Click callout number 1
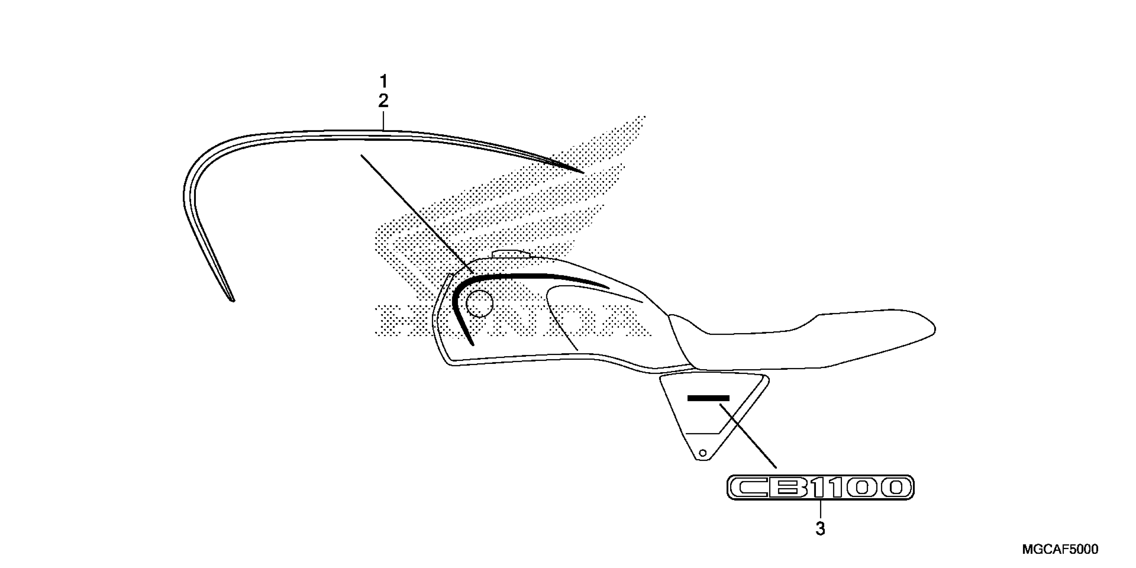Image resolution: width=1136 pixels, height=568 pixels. pos(383,82)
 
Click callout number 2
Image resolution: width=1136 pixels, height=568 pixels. pos(383,101)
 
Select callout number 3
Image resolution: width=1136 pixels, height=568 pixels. pos(820,528)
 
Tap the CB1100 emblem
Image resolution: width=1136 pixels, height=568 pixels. pos(820,487)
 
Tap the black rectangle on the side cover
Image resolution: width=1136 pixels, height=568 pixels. pos(709,398)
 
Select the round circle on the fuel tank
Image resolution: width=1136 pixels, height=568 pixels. pos(479,304)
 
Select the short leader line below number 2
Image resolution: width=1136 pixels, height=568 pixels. pos(383,120)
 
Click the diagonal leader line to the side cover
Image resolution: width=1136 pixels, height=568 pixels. pos(748,435)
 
